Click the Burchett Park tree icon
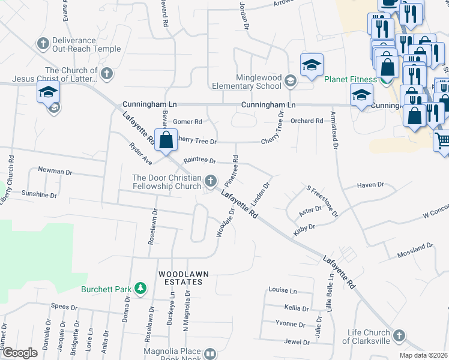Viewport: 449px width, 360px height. [x=140, y=289]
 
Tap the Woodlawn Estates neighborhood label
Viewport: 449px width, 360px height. [x=184, y=274]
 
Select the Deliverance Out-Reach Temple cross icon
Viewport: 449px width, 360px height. [x=43, y=43]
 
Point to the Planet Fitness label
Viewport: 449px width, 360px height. [x=351, y=80]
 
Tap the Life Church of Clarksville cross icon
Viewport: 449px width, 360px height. [x=400, y=336]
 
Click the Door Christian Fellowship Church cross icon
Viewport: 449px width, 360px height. [x=210, y=181]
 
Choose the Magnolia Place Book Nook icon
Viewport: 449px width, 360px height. [x=210, y=355]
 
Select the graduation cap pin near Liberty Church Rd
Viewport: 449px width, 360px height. [x=47, y=92]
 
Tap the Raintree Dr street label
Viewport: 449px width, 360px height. [x=199, y=161]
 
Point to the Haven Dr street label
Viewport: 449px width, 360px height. [x=370, y=185]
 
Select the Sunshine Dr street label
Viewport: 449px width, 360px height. [x=39, y=195]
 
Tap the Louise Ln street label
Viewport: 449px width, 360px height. [x=283, y=290]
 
